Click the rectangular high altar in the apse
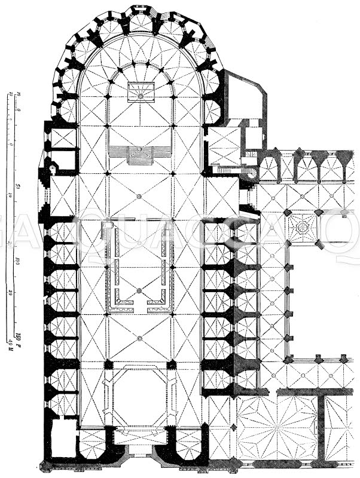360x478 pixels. point(141,92)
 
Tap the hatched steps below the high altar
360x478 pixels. point(141,155)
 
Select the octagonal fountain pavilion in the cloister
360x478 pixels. point(302,228)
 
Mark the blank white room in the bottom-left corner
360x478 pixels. point(60,439)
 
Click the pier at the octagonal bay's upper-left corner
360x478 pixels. point(108,363)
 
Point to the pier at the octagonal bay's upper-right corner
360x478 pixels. point(173,363)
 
